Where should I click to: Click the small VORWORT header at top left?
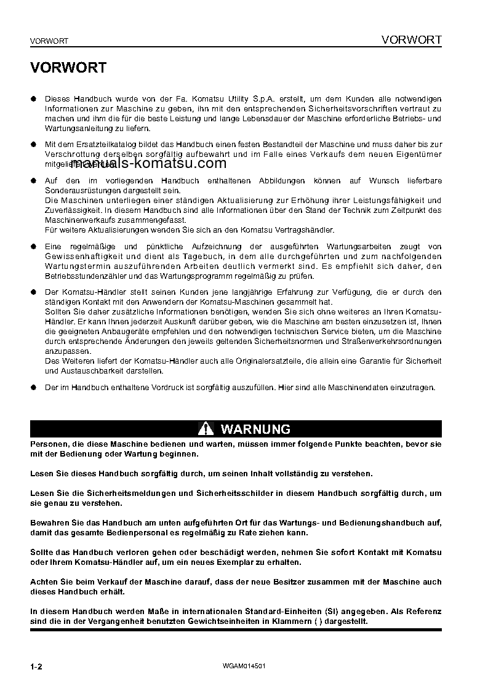pos(49,41)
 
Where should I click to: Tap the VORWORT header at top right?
pos(411,40)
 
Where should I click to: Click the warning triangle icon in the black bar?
pos(206,429)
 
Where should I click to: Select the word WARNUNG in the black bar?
pos(255,429)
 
